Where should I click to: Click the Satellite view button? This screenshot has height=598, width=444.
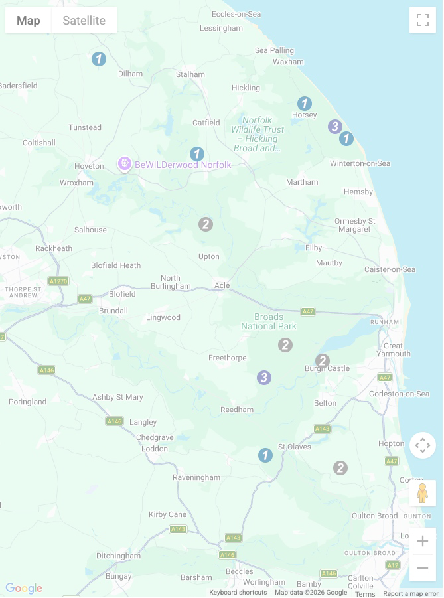tap(84, 21)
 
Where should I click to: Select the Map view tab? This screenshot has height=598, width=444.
tap(29, 21)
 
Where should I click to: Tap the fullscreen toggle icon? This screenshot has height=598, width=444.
tap(423, 20)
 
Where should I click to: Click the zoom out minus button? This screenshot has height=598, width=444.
tap(423, 568)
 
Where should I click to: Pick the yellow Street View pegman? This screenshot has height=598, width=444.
tap(423, 493)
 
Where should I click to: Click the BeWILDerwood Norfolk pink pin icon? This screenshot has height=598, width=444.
tap(124, 163)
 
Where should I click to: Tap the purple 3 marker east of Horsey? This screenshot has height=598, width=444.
tap(335, 126)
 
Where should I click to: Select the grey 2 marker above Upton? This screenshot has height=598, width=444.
tap(206, 224)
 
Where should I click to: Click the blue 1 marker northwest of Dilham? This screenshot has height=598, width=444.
tap(99, 59)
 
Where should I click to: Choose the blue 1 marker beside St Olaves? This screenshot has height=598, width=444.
tap(265, 455)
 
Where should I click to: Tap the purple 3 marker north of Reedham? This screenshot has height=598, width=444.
tap(264, 378)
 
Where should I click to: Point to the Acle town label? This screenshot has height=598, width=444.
tap(222, 285)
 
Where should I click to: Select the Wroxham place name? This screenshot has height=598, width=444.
tap(77, 183)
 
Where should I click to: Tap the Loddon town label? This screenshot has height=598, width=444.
tap(155, 449)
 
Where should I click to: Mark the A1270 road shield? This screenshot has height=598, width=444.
tap(58, 281)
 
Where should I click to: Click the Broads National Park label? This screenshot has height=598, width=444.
tap(269, 321)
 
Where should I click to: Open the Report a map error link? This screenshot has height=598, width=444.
tap(411, 593)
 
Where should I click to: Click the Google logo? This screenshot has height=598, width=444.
tap(24, 588)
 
